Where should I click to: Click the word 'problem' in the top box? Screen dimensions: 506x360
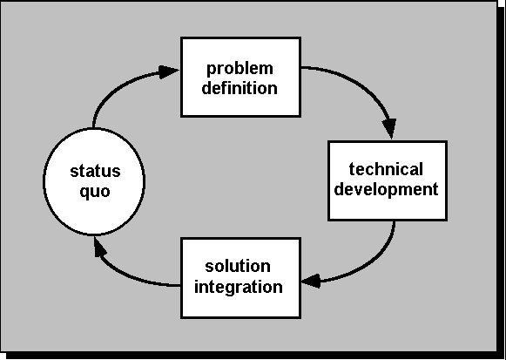[x=240, y=69]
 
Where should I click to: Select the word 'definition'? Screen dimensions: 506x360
[x=240, y=88]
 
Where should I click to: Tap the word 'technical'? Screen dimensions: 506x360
[x=386, y=169]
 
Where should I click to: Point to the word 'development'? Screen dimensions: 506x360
[x=387, y=189]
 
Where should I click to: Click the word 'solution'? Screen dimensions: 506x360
[x=238, y=267]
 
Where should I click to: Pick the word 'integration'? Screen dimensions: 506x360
[x=239, y=287]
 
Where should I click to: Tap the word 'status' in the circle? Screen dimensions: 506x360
[x=95, y=171]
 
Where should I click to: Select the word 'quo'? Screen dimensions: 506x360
[x=95, y=192]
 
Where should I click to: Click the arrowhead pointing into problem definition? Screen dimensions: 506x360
[x=169, y=71]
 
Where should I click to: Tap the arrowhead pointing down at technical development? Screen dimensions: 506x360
[x=390, y=128]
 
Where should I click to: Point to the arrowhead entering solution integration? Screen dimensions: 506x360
[x=311, y=281]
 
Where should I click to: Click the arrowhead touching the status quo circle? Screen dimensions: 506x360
[x=99, y=247]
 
